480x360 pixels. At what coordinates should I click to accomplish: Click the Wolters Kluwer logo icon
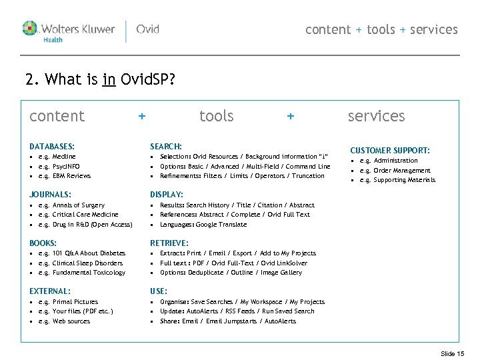pyautogui.click(x=31, y=29)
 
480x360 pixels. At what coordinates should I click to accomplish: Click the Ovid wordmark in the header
pyautogui.click(x=147, y=29)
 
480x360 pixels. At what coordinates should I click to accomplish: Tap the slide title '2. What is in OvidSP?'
pyautogui.click(x=100, y=81)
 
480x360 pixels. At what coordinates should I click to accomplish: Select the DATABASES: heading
pyautogui.click(x=52, y=146)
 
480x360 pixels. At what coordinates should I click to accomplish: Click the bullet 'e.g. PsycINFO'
pyautogui.click(x=59, y=166)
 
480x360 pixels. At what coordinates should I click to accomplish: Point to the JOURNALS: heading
pyautogui.click(x=51, y=195)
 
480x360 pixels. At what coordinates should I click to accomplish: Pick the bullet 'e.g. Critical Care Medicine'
pyautogui.click(x=78, y=215)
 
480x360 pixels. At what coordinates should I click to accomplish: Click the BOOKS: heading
pyautogui.click(x=43, y=243)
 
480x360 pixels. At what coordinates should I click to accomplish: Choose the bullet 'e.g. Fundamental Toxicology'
pyautogui.click(x=81, y=273)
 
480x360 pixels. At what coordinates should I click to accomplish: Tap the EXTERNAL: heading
pyautogui.click(x=50, y=291)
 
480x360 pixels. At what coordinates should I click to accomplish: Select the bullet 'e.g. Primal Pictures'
pyautogui.click(x=68, y=302)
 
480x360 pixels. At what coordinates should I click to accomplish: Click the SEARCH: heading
pyautogui.click(x=166, y=146)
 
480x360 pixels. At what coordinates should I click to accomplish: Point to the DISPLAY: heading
pyautogui.click(x=167, y=195)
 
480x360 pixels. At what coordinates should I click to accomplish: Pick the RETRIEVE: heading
pyautogui.click(x=169, y=243)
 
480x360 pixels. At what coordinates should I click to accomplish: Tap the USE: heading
pyautogui.click(x=159, y=291)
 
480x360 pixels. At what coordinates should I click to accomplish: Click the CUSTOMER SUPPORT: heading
pyautogui.click(x=390, y=151)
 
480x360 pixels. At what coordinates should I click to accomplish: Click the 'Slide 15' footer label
pyautogui.click(x=453, y=353)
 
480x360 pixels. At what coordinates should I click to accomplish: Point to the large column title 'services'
pyautogui.click(x=376, y=116)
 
